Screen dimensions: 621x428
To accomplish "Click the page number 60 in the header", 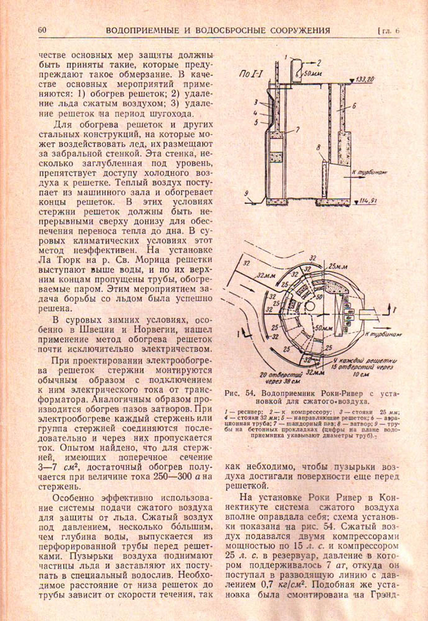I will [x=42, y=30].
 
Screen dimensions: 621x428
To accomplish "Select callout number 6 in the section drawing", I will [x=353, y=106].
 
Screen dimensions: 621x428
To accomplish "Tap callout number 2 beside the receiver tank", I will [x=319, y=62].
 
